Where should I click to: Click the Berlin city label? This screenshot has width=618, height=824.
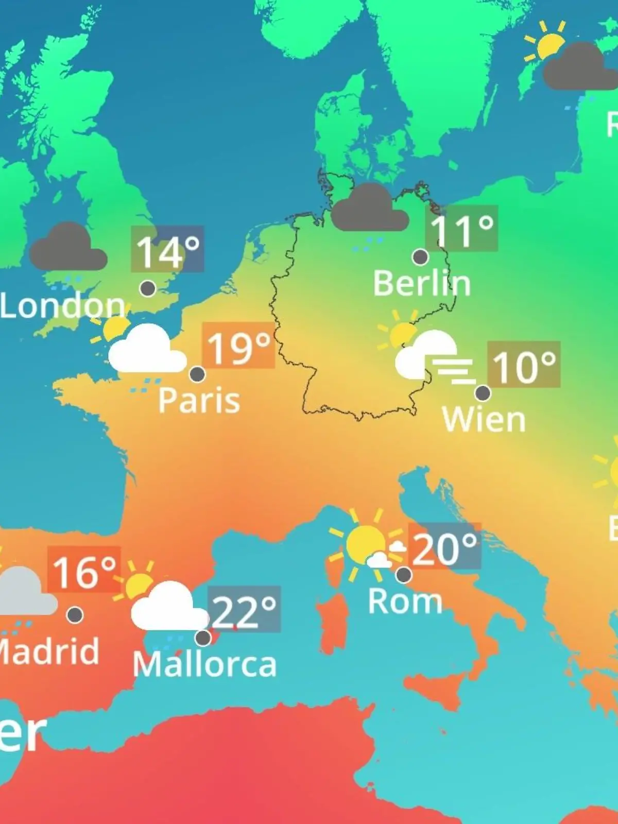pos(422,283)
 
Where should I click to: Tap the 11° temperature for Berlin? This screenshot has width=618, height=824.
pos(461,229)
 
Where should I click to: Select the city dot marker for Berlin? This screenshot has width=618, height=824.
pos(420,256)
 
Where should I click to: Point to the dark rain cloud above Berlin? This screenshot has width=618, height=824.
pos(369,209)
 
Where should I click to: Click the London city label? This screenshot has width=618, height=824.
pos(62,306)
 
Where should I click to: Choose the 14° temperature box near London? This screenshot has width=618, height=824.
pos(167,249)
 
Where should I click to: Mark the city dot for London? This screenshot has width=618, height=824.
pos(148,288)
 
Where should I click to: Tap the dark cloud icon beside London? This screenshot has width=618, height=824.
pos(67,248)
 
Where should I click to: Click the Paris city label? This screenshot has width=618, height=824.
pos(199,400)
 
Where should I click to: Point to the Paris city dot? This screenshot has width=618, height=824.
pos(197,374)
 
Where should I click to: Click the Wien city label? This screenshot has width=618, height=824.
pos(484,420)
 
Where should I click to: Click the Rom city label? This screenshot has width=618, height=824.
pos(405,601)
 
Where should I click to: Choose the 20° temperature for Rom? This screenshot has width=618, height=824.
pos(444,547)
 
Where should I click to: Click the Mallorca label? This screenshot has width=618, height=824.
pos(204,664)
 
